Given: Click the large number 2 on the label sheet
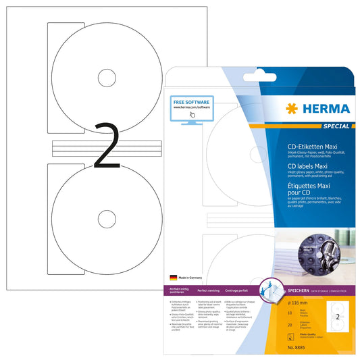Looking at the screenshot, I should (107, 145).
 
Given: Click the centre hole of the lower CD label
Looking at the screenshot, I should (108, 218).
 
